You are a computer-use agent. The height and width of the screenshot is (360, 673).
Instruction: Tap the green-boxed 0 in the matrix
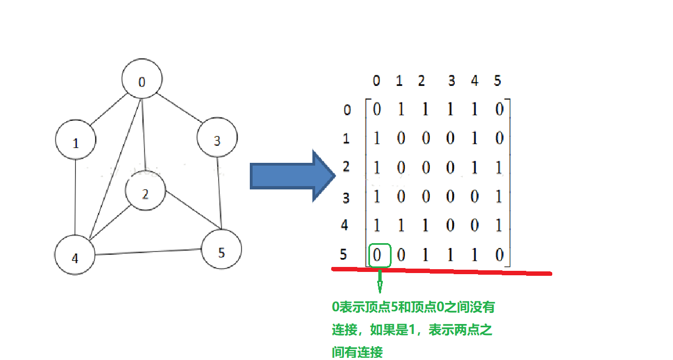tap(379, 255)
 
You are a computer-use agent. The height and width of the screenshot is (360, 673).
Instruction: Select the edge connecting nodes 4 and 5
tap(148, 252)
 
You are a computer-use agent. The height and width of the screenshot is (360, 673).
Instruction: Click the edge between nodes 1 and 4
tap(76, 197)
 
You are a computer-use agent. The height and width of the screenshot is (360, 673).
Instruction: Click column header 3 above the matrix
tap(451, 81)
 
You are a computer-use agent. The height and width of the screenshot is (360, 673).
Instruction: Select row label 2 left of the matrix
tap(346, 167)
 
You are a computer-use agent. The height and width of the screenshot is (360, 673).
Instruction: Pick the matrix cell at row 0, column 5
tap(499, 110)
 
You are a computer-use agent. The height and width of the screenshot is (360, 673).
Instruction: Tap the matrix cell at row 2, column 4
tap(474, 168)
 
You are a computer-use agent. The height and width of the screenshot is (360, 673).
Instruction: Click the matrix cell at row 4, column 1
tap(402, 226)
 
